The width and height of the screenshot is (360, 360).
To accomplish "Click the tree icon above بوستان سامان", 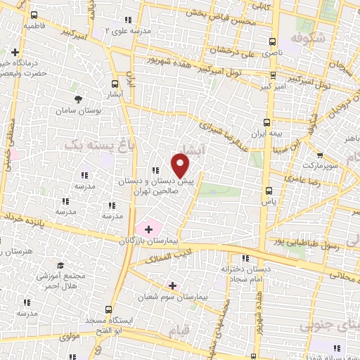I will click(79, 99).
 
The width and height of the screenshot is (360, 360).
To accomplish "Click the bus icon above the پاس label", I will click(268, 190).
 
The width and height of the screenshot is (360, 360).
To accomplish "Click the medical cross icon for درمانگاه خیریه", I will click(15, 51).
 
